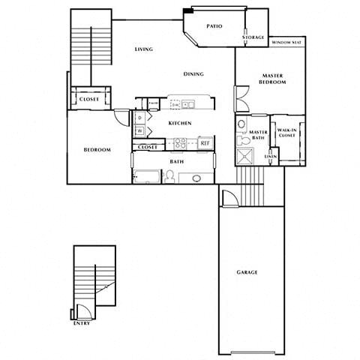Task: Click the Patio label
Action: (x=214, y=25)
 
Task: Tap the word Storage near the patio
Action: (x=253, y=37)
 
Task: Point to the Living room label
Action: (x=144, y=49)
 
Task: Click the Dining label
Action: (x=193, y=74)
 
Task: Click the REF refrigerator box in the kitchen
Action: (x=204, y=142)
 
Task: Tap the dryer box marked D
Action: (x=140, y=118)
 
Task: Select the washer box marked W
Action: (x=140, y=131)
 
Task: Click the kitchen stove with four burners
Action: (x=180, y=142)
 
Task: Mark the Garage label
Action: (x=247, y=272)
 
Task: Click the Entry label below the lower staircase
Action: (x=82, y=324)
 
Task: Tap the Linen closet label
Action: (x=271, y=156)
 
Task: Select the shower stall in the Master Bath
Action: (x=245, y=156)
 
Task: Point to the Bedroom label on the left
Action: (x=97, y=150)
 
